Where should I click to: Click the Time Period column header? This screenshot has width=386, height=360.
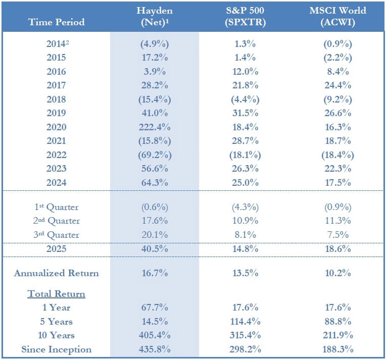(x=57, y=22)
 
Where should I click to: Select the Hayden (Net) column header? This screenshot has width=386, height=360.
(x=155, y=16)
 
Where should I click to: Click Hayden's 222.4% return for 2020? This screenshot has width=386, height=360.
(x=155, y=127)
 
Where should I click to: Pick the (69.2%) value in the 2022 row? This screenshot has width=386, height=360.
(x=155, y=155)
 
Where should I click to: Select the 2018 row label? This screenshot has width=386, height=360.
(x=57, y=99)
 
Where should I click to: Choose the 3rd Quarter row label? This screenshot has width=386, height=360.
(x=57, y=235)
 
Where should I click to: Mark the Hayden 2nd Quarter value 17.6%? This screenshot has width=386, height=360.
(x=155, y=221)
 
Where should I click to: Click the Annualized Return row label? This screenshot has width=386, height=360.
(x=57, y=273)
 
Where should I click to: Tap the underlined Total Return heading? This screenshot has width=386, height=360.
(x=57, y=293)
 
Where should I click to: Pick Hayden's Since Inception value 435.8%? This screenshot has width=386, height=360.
(x=155, y=349)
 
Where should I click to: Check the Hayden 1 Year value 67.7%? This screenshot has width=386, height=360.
(x=155, y=307)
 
